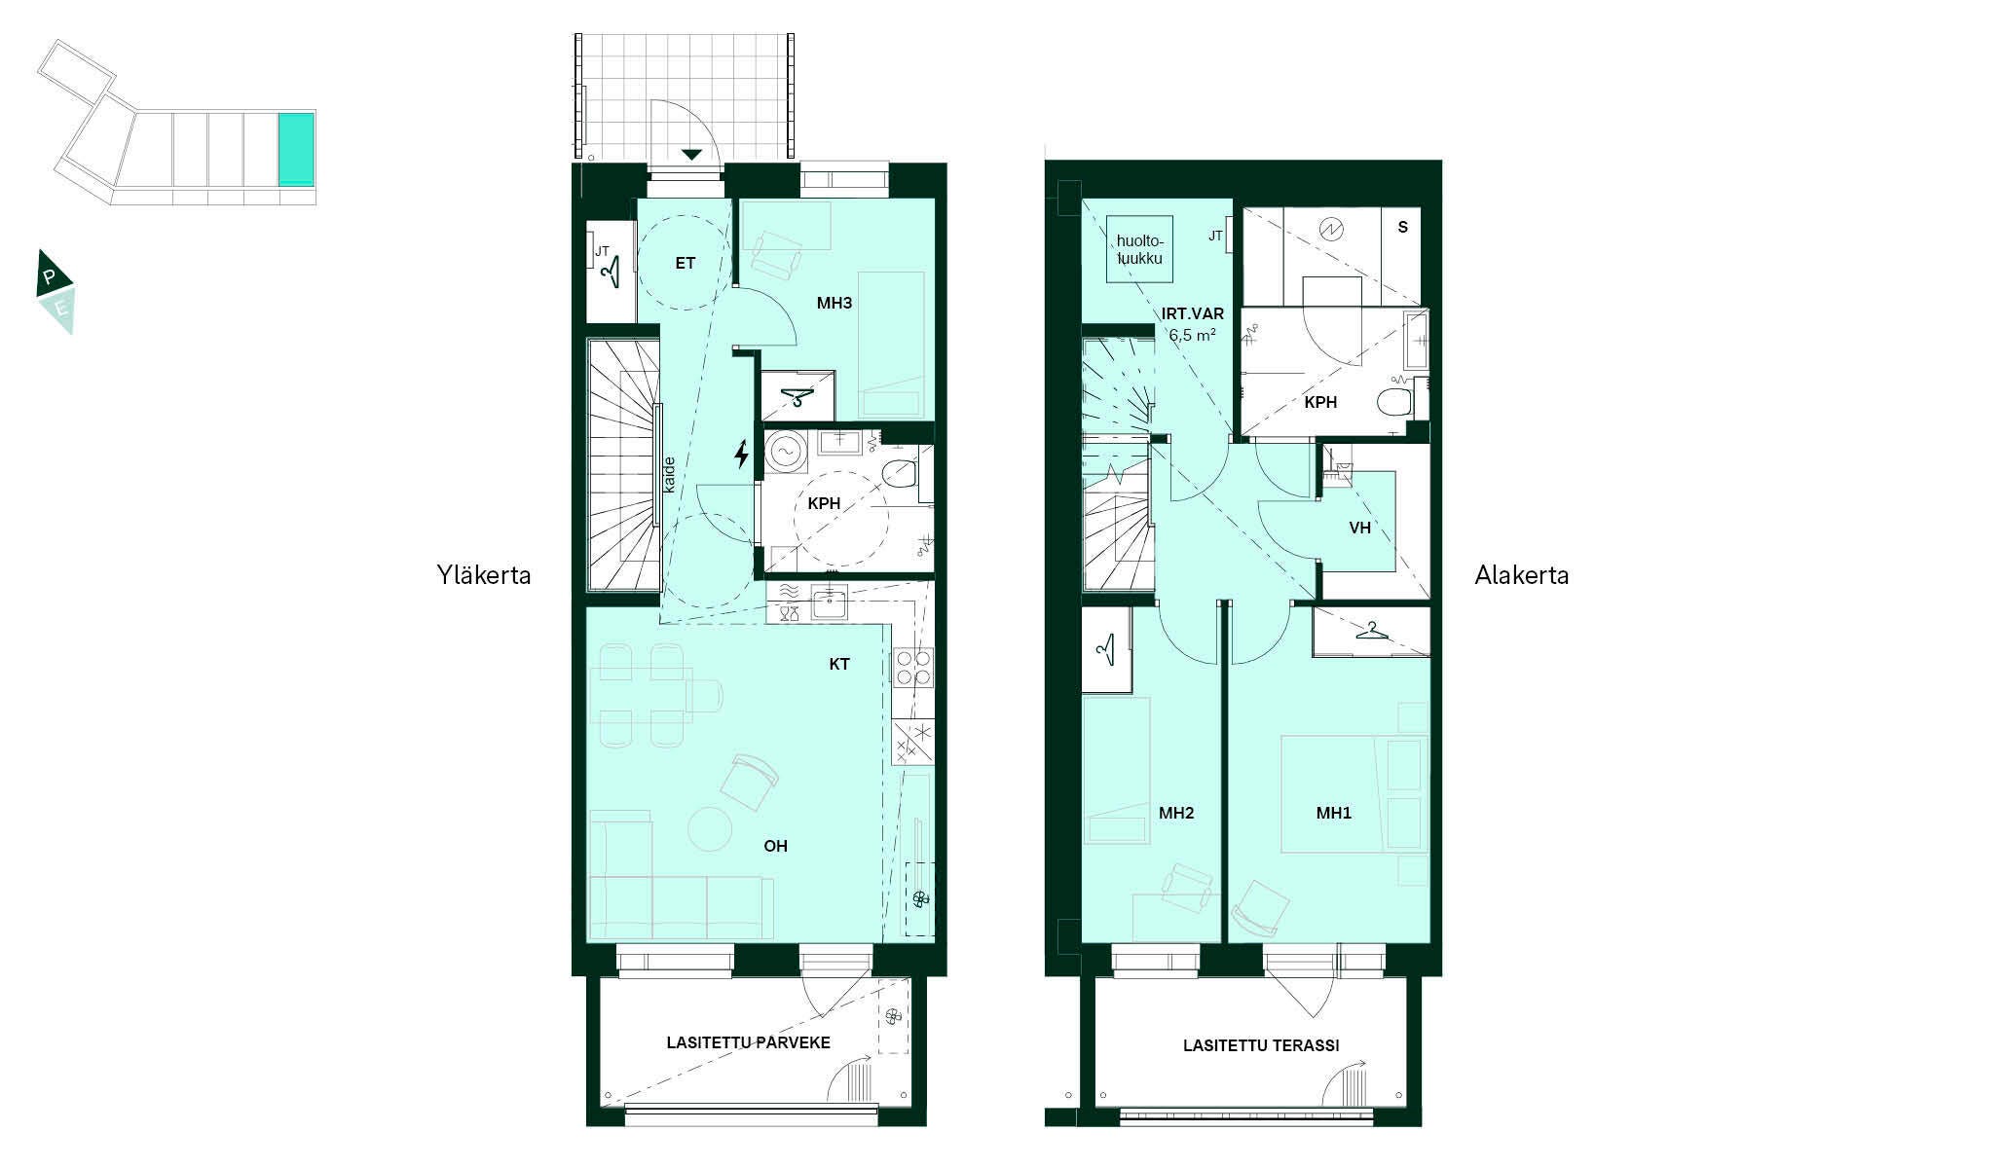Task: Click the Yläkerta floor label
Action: pyautogui.click(x=484, y=575)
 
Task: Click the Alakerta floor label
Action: pyautogui.click(x=1521, y=575)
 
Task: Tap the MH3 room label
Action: pyautogui.click(x=835, y=303)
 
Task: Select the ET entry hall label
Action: pyautogui.click(x=685, y=263)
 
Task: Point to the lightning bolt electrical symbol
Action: pyautogui.click(x=741, y=454)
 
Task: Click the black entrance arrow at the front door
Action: pyautogui.click(x=691, y=154)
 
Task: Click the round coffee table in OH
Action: pyautogui.click(x=710, y=829)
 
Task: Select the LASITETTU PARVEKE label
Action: pyautogui.click(x=748, y=1042)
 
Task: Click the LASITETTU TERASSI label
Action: pyautogui.click(x=1261, y=1045)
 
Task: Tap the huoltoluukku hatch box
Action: pyautogui.click(x=1139, y=249)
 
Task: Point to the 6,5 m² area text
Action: pyautogui.click(x=1192, y=335)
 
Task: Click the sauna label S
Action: pyautogui.click(x=1403, y=227)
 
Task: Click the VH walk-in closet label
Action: pyautogui.click(x=1359, y=528)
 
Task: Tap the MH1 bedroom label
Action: pyautogui.click(x=1334, y=813)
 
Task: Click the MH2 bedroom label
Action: pyautogui.click(x=1176, y=813)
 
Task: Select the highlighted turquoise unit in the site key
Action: pyautogui.click(x=296, y=149)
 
